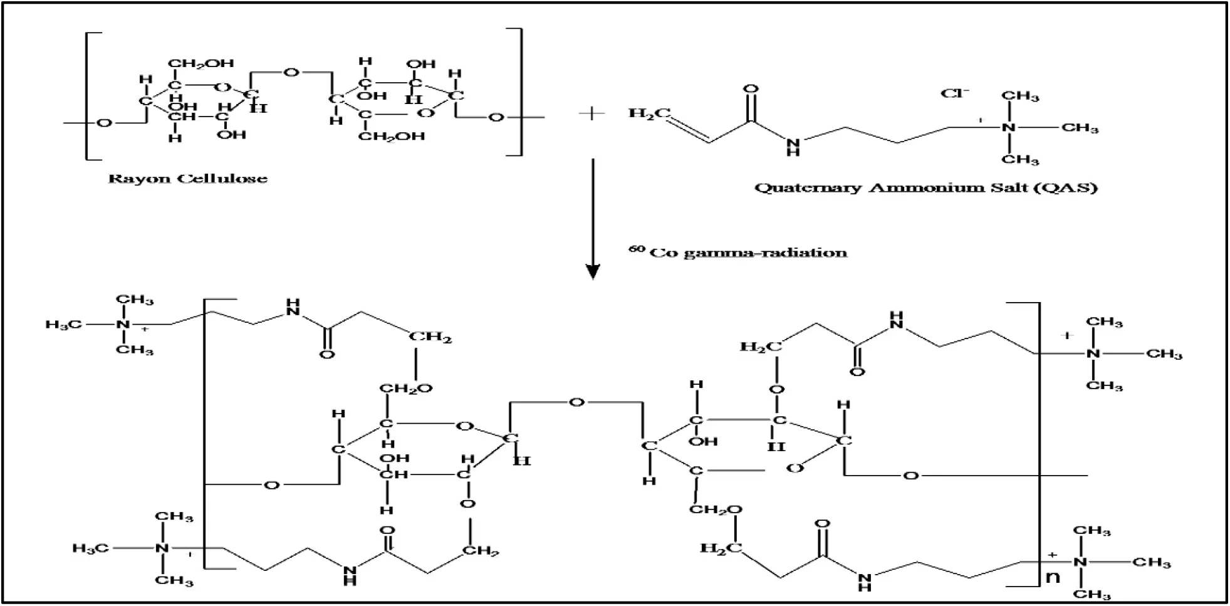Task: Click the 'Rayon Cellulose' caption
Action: tap(187, 179)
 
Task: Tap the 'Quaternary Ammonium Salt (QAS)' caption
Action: tap(925, 187)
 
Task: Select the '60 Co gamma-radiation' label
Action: tap(738, 253)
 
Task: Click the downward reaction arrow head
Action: tap(593, 271)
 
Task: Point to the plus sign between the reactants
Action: tap(592, 114)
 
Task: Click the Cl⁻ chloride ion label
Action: tap(954, 93)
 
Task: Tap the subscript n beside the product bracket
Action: tap(1053, 577)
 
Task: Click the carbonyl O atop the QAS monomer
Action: tap(751, 90)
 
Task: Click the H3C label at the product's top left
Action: tap(63, 324)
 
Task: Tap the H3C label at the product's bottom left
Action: tap(90, 548)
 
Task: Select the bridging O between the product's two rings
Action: tap(576, 402)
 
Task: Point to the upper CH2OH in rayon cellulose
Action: tap(201, 63)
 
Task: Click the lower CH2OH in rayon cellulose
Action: tap(391, 136)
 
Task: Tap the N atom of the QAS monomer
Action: tap(1008, 128)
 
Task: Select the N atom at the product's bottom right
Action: tap(1080, 562)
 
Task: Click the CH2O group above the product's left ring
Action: tap(405, 389)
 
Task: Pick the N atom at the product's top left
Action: tap(123, 324)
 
